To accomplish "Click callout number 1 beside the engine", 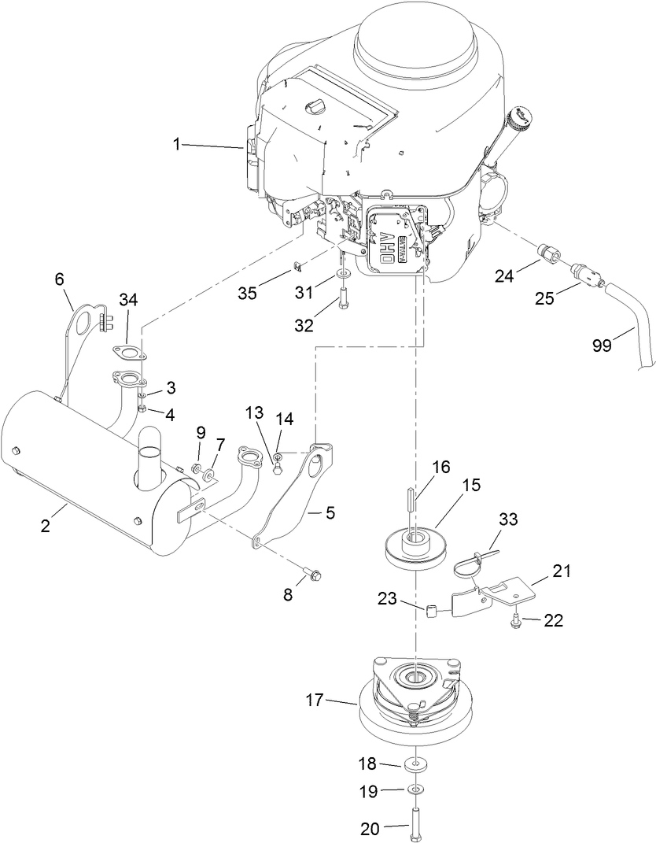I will click(x=177, y=144).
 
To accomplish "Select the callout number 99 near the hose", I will click(x=603, y=346).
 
